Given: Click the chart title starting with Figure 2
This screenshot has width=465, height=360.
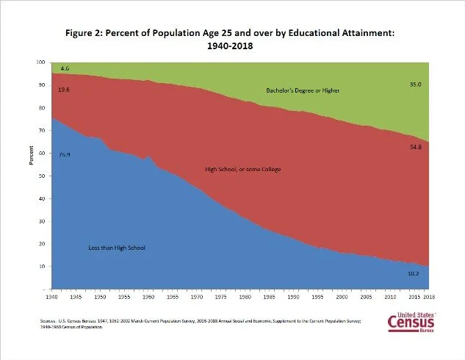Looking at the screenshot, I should pos(233,38).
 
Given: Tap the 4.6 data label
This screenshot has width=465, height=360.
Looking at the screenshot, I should pos(65,68).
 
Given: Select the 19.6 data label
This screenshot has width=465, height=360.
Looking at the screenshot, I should pos(64,90).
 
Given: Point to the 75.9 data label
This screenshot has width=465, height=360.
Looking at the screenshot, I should pos(64,134).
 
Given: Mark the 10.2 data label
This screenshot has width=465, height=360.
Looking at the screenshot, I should pos(414,273).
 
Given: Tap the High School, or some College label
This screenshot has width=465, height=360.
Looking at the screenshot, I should pos(242,170).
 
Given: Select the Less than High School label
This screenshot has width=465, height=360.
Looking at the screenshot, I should pos(116,248).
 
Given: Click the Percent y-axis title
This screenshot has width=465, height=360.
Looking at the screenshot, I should pos(33,157).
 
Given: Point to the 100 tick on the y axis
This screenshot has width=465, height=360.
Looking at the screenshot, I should pos(40,62).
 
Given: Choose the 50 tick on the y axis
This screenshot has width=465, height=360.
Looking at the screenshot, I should pos(41,176).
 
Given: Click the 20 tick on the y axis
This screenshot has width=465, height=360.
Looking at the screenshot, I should pos(41,244).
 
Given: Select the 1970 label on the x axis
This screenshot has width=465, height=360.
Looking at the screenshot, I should pos(196,298).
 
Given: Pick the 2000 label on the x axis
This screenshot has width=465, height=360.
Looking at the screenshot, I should pos(340,298).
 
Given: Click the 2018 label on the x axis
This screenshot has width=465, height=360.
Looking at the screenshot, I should pos(427,298).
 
